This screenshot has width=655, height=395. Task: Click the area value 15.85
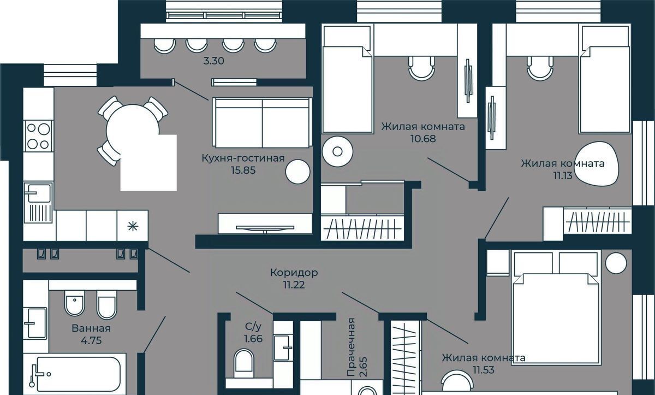pyautogui.click(x=243, y=170)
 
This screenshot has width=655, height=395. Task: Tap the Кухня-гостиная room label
pyautogui.click(x=243, y=158)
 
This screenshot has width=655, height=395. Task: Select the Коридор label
pyautogui.click(x=294, y=273)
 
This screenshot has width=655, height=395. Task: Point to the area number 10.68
pyautogui.click(x=423, y=138)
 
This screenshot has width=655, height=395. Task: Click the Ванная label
pyautogui.click(x=91, y=328)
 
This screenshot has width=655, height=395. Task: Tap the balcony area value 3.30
pyautogui.click(x=214, y=61)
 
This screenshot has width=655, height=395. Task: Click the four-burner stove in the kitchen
pyautogui.click(x=38, y=136)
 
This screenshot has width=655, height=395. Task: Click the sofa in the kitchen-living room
pyautogui.click(x=263, y=123)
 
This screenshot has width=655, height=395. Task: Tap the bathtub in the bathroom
pyautogui.click(x=75, y=374)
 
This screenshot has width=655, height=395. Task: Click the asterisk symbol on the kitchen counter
pyautogui.click(x=133, y=226)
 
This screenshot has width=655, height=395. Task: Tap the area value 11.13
pyautogui.click(x=563, y=175)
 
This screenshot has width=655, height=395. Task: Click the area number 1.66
pyautogui.click(x=253, y=339)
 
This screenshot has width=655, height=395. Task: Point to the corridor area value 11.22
pyautogui.click(x=294, y=285)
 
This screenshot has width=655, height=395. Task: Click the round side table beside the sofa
pyautogui.click(x=297, y=172)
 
